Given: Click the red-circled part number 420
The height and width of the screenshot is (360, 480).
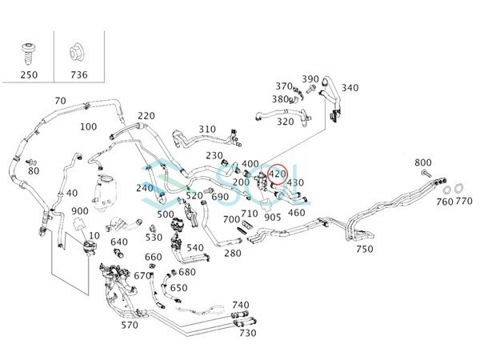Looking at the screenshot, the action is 277,174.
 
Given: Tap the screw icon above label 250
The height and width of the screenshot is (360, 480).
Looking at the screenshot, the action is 28,54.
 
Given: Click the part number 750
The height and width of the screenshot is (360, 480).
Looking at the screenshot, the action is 365,249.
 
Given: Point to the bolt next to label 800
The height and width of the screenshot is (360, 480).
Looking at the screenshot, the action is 426,174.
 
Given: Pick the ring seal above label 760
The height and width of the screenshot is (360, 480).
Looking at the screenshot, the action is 447,190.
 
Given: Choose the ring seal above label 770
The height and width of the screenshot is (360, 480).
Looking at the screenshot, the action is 458,189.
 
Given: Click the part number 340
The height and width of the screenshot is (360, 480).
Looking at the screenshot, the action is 350,88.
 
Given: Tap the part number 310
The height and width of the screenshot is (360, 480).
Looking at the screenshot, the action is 207,129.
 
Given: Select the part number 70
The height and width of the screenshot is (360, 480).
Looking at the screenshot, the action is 60,101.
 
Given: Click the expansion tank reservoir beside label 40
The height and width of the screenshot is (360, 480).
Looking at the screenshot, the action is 106,192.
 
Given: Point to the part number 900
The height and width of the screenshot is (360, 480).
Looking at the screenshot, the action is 80,211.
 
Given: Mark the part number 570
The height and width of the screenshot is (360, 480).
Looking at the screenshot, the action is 130,325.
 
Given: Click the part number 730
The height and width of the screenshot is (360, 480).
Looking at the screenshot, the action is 248,333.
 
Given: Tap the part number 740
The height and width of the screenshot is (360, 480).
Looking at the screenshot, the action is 241,306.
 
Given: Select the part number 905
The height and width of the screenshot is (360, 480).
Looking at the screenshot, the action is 273,218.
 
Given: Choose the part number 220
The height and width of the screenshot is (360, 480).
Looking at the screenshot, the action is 146,116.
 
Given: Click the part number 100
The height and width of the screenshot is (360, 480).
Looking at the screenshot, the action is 89,126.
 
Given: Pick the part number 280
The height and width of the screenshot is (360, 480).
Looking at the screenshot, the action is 233,253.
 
